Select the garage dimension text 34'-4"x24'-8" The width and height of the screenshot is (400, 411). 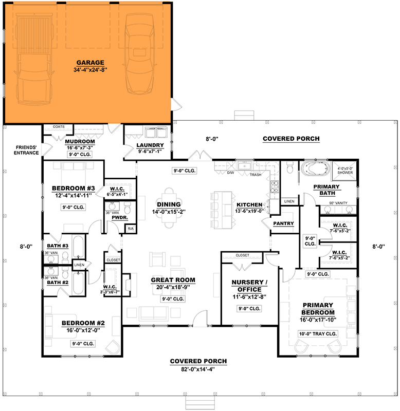(x=90, y=68)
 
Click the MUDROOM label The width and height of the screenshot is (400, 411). (x=80, y=141)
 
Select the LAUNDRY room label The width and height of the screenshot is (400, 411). (x=150, y=145)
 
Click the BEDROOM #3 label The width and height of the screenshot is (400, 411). (x=72, y=188)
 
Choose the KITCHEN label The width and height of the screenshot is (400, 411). (x=249, y=204)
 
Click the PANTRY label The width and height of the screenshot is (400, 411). (x=283, y=223)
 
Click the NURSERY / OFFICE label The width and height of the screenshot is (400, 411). (x=249, y=286)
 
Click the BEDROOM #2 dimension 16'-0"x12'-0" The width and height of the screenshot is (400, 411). (x=83, y=331)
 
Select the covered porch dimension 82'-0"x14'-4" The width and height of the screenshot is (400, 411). (x=198, y=369)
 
